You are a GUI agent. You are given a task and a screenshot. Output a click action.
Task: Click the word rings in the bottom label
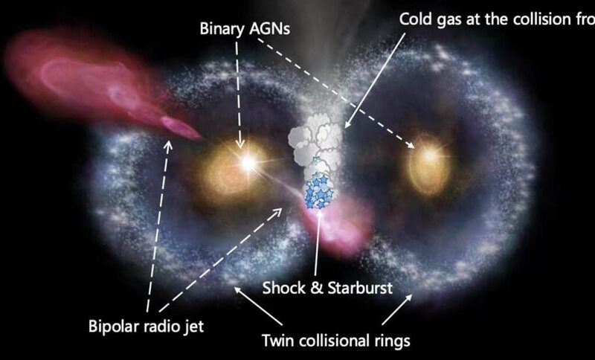click(390, 341)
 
